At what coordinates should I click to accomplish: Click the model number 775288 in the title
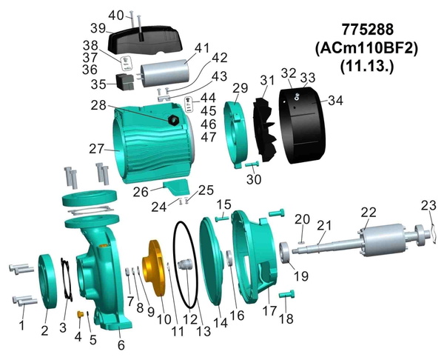(x=368, y=30)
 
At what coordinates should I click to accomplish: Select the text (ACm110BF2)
(x=366, y=48)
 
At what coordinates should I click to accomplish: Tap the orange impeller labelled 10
(x=153, y=267)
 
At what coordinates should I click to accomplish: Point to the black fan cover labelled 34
(x=303, y=126)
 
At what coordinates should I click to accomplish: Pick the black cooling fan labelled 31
(x=264, y=130)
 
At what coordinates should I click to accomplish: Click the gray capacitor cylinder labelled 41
(x=164, y=73)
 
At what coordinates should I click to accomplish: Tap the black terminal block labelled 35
(x=124, y=81)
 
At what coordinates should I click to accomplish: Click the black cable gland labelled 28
(x=173, y=121)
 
